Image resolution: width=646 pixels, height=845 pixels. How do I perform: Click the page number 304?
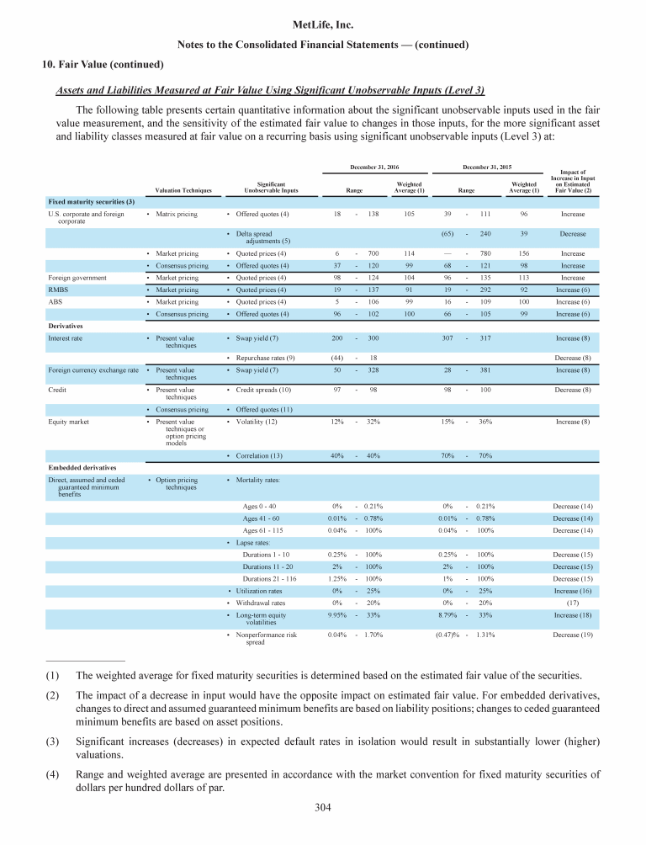click(322, 809)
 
